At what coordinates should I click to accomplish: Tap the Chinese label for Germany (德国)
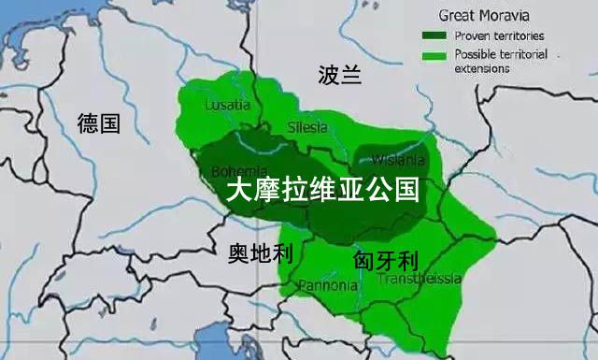coord(99,122)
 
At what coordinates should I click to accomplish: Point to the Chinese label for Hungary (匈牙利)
coord(385,259)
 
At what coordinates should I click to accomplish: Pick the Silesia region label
coord(308,126)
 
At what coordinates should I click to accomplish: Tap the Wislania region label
coord(397,159)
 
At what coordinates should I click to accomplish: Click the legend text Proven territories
coord(498,36)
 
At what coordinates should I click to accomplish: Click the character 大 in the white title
coord(240,194)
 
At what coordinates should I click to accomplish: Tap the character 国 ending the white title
coord(404,194)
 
